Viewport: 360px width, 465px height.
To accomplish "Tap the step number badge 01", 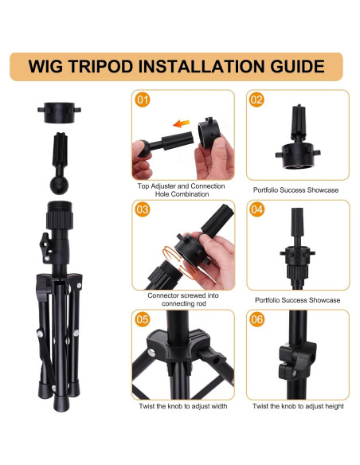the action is click(143, 100).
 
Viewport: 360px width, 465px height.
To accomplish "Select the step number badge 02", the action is click(256, 100).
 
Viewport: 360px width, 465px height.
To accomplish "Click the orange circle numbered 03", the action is click(143, 209).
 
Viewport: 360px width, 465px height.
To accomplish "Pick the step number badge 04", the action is click(256, 209).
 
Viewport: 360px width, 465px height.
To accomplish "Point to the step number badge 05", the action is click(143, 319).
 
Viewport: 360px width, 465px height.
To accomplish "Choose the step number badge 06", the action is click(256, 319).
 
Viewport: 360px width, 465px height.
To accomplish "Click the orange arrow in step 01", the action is click(181, 123).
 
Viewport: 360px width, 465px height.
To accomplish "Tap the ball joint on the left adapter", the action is click(59, 185).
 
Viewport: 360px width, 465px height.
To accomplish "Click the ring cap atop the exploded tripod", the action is click(59, 112).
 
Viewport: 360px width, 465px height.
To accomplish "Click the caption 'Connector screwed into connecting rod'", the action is click(183, 299).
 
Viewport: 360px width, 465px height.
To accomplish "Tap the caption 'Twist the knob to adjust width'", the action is click(183, 406).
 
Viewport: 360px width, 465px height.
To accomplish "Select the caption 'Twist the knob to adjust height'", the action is click(298, 406).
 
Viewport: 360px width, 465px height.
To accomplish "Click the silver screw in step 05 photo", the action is click(151, 352).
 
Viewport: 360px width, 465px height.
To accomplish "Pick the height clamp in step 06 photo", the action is click(297, 360).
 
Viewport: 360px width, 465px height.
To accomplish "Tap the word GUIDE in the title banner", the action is click(297, 66).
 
